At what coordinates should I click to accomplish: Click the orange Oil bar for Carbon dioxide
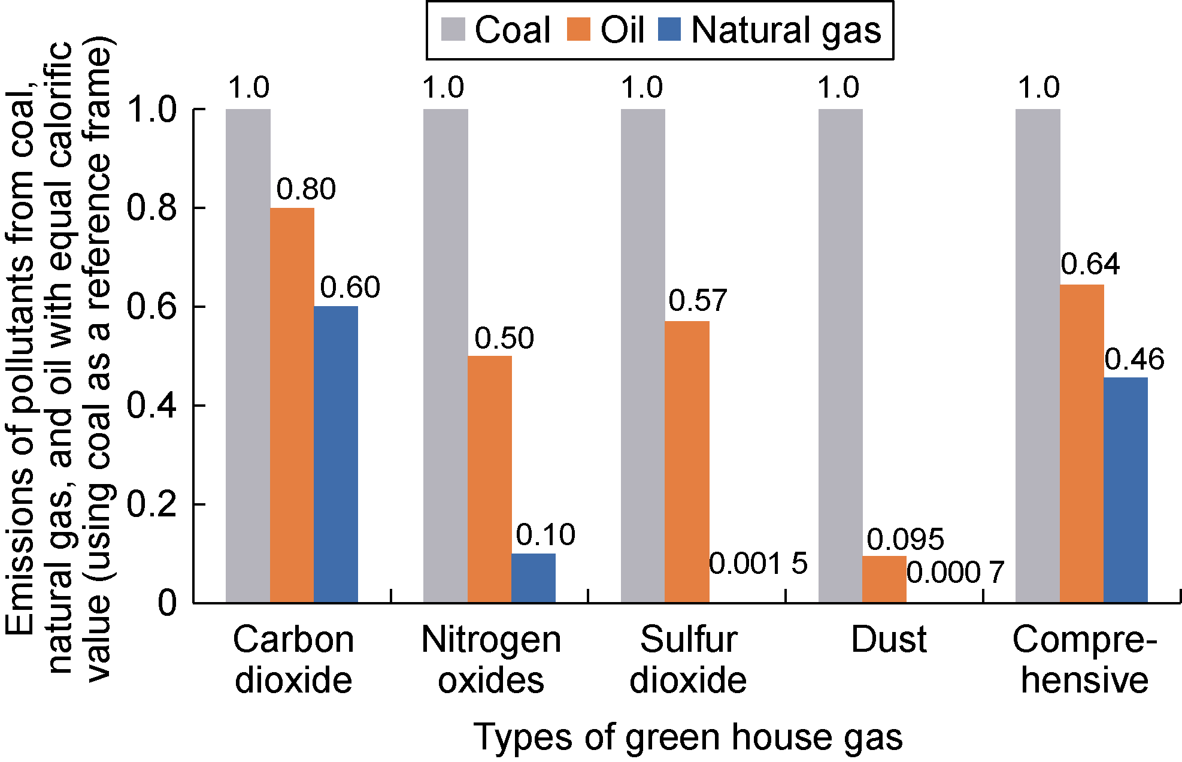292,405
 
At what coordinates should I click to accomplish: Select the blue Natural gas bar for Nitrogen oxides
534,577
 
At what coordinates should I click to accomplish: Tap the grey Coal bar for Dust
840,356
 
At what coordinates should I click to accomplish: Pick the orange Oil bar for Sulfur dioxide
687,461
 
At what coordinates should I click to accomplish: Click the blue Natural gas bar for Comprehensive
1126,489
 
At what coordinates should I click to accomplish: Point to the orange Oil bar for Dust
884,579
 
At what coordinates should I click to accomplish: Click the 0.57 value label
698,300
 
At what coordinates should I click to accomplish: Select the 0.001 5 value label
758,563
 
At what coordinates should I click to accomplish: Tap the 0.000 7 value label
955,572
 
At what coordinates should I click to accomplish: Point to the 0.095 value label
905,539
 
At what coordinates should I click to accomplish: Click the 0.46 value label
1134,359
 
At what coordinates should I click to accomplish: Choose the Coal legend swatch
453,29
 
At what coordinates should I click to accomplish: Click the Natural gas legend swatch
669,29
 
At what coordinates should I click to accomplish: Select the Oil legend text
622,29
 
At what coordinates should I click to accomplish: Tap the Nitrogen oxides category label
491,660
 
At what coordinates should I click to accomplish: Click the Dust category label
889,639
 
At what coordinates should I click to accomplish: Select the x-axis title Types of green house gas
688,736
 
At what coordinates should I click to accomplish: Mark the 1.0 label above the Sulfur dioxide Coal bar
642,88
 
